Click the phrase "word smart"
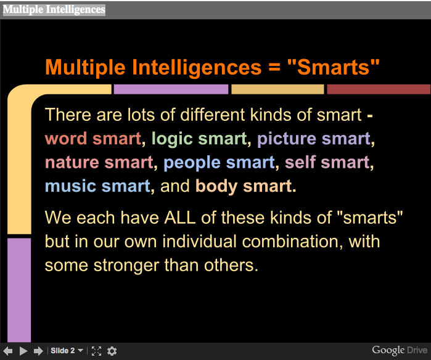[93, 138]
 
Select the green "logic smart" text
[199, 139]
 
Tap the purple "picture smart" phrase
[314, 139]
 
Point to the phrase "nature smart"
[99, 162]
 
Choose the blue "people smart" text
[220, 163]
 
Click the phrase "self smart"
[327, 162]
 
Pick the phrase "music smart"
[98, 186]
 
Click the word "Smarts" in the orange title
[334, 67]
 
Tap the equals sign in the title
[274, 68]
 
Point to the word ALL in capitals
[180, 218]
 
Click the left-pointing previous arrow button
[7, 351]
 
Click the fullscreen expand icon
[96, 351]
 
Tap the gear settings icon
[112, 351]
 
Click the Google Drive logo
[400, 350]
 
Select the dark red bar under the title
[379, 89]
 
